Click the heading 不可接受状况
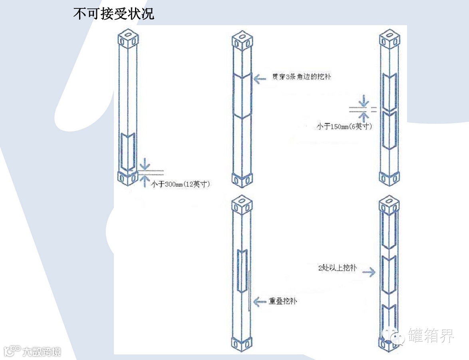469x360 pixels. click(113, 14)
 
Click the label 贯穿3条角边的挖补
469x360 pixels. click(301, 77)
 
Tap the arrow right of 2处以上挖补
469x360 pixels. click(369, 272)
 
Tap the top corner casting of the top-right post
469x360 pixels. click(389, 37)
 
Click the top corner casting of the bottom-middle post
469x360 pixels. click(242, 204)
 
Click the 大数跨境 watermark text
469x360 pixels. click(42, 352)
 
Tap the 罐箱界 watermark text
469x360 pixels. click(431, 336)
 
